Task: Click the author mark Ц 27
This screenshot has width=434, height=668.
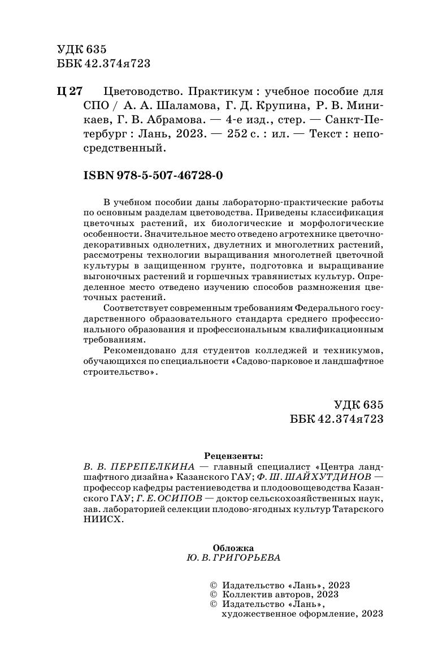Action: (70, 92)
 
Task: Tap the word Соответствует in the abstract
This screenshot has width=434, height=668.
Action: (135, 307)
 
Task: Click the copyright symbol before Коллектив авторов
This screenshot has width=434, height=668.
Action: (213, 595)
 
